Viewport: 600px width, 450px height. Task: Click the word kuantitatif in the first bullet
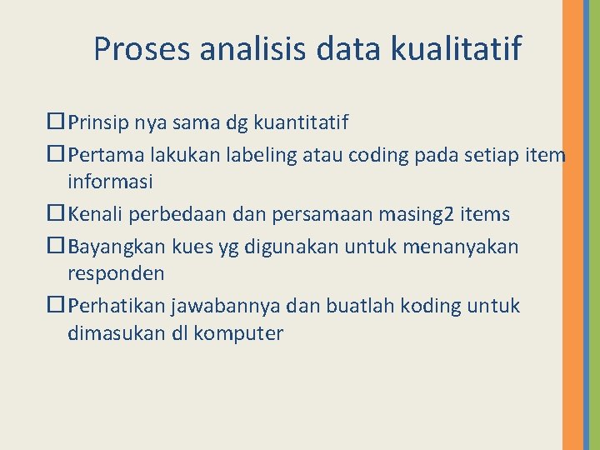pyautogui.click(x=299, y=123)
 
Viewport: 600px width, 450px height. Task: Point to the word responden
pyautogui.click(x=116, y=273)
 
